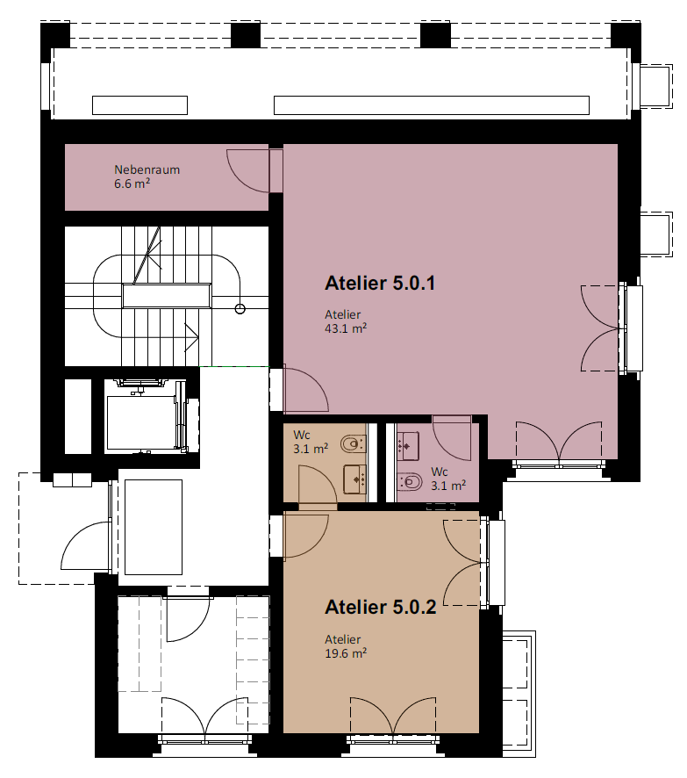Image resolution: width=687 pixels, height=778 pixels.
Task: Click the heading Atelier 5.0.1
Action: [x=380, y=284]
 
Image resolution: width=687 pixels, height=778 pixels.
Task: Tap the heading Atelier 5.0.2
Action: [x=380, y=608]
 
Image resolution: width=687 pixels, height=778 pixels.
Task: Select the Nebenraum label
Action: [x=147, y=169]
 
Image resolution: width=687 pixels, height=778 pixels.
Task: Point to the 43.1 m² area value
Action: [x=346, y=328]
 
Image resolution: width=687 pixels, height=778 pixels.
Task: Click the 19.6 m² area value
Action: [x=346, y=653]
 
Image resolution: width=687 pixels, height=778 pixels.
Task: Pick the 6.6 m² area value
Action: [x=132, y=184]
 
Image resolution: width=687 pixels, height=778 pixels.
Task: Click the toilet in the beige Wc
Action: [x=353, y=443]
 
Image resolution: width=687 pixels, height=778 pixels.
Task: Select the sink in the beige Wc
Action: [x=354, y=479]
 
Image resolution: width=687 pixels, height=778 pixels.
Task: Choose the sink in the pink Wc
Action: [x=408, y=446]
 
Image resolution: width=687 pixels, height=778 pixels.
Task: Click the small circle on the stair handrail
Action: [x=240, y=309]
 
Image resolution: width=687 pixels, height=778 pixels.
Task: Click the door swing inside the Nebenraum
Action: [x=247, y=170]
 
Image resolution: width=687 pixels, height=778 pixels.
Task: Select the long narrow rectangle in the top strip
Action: [x=431, y=105]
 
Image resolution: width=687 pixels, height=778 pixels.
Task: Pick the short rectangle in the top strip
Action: [x=140, y=105]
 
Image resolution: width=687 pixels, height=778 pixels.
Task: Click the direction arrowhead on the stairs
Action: [x=192, y=338]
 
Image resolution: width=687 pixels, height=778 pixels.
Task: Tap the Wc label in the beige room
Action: [x=301, y=436]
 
